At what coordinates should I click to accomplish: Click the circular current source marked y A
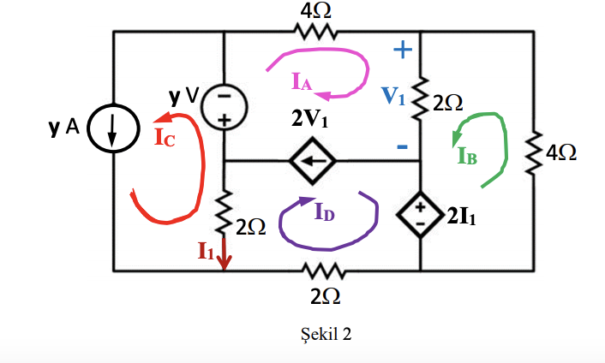pyautogui.click(x=113, y=129)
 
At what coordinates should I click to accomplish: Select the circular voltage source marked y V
pyautogui.click(x=225, y=107)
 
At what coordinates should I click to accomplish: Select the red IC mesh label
pyautogui.click(x=165, y=137)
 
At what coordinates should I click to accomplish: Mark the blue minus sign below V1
pyautogui.click(x=401, y=147)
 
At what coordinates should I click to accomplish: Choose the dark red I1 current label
pyautogui.click(x=206, y=250)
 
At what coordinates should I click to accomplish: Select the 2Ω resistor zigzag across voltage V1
pyautogui.click(x=420, y=102)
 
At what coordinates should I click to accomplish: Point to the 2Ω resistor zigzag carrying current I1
pyautogui.click(x=225, y=219)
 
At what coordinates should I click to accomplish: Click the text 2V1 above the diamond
pyautogui.click(x=308, y=119)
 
